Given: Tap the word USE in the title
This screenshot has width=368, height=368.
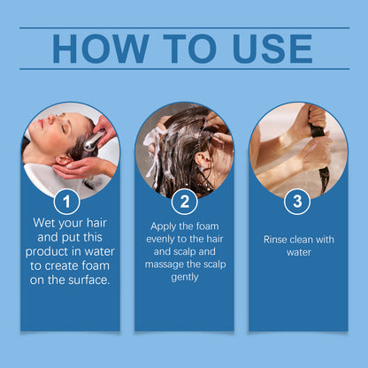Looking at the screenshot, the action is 272,49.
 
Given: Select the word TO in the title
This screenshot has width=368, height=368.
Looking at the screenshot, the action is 189,49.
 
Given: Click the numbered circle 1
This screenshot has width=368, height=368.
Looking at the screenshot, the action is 67,202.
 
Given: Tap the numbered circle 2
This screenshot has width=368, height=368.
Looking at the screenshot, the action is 185,202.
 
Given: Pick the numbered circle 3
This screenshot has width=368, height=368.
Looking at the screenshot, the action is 297,202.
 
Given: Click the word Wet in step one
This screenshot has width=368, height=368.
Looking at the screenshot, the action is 43,223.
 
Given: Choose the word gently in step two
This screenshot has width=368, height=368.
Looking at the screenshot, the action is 185,278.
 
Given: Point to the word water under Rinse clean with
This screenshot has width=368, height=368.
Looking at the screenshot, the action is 299,252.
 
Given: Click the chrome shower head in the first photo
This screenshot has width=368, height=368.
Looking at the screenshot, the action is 93,141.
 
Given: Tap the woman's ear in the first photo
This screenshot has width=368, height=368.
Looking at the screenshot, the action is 62,161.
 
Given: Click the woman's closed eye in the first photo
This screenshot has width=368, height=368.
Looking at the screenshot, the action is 63,129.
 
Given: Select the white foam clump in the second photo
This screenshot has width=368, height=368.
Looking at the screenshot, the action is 154,142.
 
